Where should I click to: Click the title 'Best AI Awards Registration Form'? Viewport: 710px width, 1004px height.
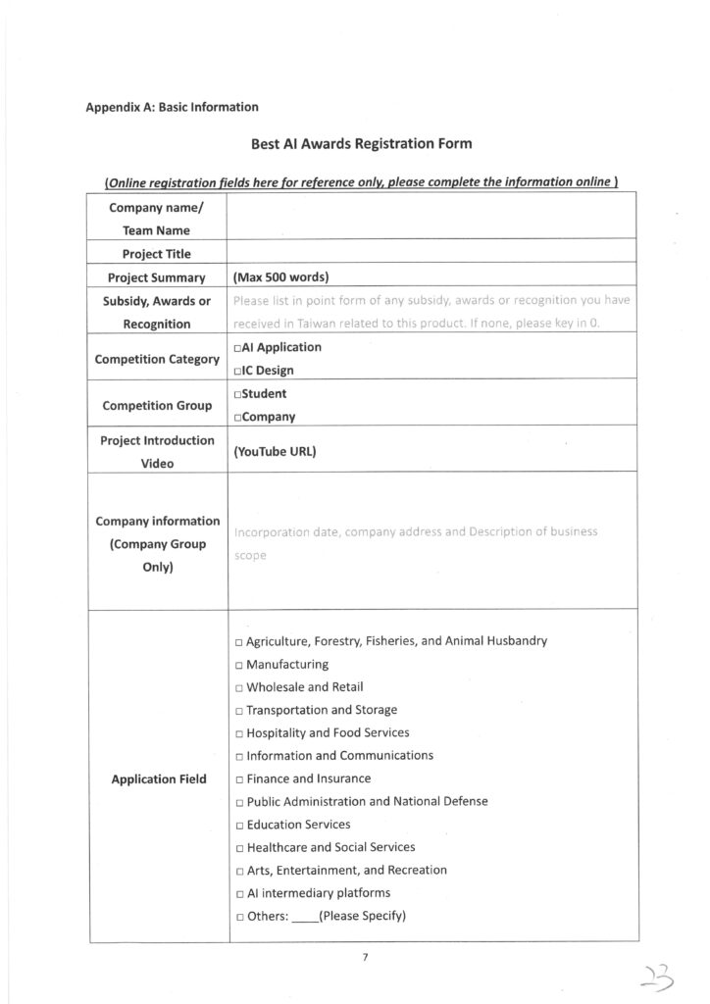362,144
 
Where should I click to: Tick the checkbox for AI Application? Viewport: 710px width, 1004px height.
238,348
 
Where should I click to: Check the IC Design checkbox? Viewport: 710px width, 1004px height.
238,371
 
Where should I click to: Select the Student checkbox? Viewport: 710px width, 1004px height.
238,394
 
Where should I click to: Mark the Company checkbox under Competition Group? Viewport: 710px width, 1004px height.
238,417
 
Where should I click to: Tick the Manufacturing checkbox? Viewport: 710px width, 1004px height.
239,665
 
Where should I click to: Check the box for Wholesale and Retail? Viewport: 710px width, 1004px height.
239,687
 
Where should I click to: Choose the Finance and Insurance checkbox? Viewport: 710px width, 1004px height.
239,779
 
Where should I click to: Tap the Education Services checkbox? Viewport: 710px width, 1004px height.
239,826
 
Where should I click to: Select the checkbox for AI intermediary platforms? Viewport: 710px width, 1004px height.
239,893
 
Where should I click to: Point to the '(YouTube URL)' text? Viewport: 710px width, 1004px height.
275,453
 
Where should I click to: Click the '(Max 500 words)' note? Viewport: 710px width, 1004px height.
280,277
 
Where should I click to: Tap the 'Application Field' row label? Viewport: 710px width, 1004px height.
159,779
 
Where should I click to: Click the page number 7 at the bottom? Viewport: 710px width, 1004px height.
363,959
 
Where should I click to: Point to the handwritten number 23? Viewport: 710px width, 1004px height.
649,974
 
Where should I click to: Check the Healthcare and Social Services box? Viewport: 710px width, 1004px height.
239,848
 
